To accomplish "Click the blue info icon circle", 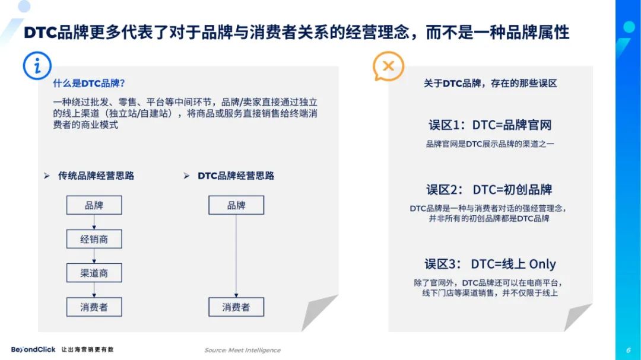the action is coord(37,65).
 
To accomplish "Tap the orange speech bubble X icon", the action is coord(388,66).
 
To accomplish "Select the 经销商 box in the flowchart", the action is coord(94,239).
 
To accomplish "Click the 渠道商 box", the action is coord(94,273).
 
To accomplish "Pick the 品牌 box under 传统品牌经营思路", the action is coord(94,205).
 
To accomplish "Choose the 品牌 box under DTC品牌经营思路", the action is coord(236,205).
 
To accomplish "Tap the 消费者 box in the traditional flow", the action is coord(94,307).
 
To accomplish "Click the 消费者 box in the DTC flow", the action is coord(236,307).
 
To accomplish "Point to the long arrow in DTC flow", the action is coord(236,256).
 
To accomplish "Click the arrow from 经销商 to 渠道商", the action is coord(94,256).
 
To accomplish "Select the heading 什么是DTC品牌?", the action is coord(88,84).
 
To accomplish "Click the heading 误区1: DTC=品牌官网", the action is coord(490,125).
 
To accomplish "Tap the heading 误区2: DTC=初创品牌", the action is coord(489,190).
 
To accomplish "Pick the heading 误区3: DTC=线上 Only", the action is coord(490,264).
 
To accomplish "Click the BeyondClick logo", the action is coord(33,349).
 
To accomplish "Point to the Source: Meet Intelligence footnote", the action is coord(242,350).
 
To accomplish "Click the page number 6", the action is coord(629,350).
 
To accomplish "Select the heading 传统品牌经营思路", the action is coord(96,176).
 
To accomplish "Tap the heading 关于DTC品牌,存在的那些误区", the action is coord(490,84).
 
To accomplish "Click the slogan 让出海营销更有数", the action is coord(87,349).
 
